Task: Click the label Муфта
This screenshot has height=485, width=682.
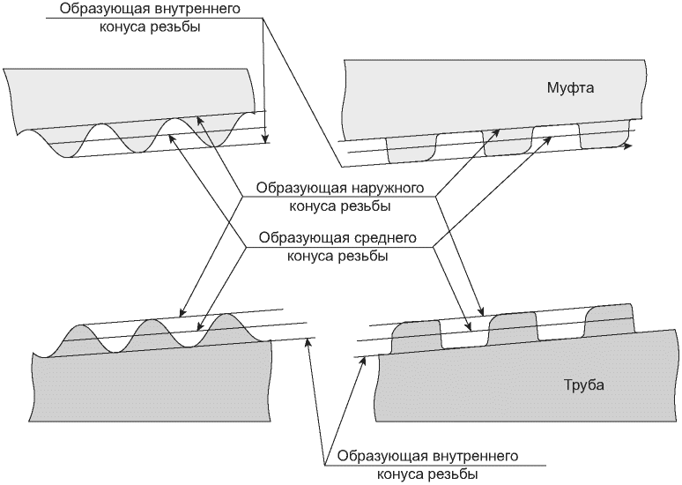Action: tap(570, 88)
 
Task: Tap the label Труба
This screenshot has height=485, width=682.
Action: tap(584, 385)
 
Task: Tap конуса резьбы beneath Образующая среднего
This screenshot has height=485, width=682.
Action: tap(337, 256)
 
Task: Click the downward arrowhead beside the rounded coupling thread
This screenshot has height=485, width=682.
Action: tap(264, 138)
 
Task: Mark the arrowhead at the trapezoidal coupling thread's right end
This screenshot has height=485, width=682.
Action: tap(627, 146)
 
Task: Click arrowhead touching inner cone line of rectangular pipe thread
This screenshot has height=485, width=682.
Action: tap(362, 361)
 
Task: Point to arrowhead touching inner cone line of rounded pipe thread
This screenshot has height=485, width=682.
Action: tap(308, 342)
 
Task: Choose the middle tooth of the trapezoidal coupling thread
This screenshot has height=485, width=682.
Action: tap(508, 141)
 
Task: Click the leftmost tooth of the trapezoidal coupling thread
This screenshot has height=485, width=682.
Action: tap(411, 150)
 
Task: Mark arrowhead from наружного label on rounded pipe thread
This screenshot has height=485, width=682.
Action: tap(182, 312)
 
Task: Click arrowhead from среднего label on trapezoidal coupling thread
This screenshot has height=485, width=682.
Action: tap(549, 140)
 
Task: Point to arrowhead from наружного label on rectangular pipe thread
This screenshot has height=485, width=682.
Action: tap(481, 311)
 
